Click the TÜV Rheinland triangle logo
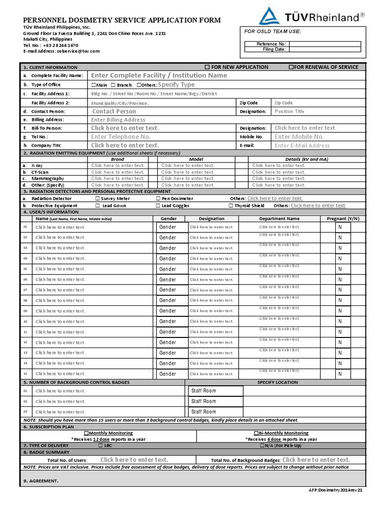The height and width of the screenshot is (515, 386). pos(269,16)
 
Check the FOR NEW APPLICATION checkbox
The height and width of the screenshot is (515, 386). pos(207,67)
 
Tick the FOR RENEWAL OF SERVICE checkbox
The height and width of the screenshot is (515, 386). pos(291,67)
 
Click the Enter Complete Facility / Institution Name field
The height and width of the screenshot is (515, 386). pos(159,75)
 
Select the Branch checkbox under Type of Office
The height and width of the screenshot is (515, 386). pos(113,85)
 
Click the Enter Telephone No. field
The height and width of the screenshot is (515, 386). pos(121,137)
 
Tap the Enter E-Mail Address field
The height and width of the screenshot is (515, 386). pos(302,145)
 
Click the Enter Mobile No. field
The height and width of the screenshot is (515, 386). pos(299,137)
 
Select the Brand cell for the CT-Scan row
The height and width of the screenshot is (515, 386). pos(118,172)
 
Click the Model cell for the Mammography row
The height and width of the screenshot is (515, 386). pos(187,179)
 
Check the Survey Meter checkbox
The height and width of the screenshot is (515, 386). pos(97,199)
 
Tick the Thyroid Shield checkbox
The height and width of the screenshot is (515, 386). pos(231,206)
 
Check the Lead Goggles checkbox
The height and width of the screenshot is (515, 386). pos(158,206)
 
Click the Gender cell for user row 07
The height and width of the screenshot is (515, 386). pos(168,290)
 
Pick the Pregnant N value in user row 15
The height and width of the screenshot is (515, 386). pos(340,374)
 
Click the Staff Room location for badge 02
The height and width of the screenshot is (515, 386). pos(204,401)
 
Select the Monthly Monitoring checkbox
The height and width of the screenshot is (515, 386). pos(86,433)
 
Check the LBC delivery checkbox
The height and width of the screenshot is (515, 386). pos(101,446)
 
